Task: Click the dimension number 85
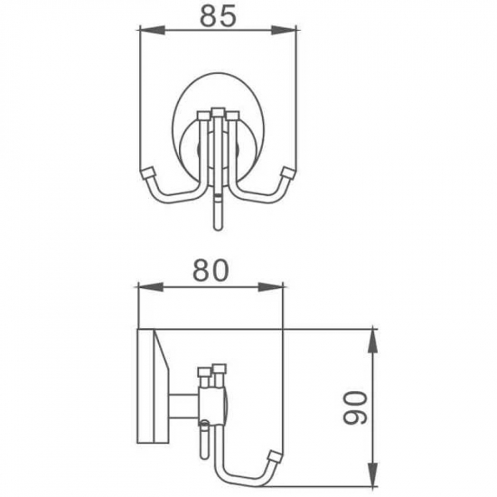(x=218, y=16)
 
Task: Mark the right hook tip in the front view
(x=288, y=173)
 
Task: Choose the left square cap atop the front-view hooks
(x=201, y=116)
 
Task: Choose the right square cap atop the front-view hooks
(x=233, y=116)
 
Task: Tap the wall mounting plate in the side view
(x=145, y=389)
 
